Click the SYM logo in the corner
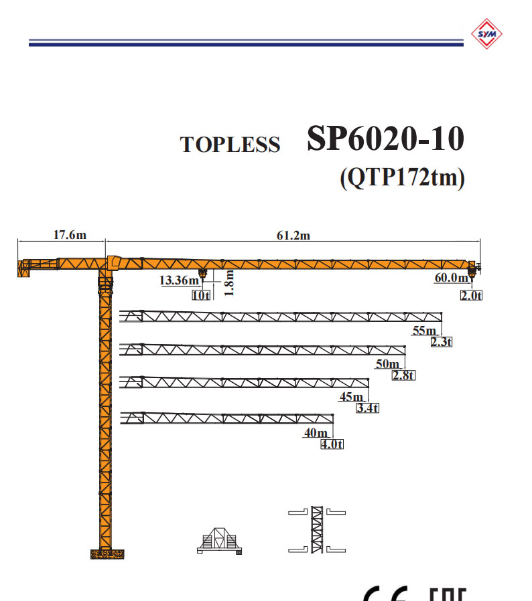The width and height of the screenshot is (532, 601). [x=486, y=33]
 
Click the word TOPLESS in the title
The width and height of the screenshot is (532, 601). [x=230, y=145]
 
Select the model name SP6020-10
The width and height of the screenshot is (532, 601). [x=385, y=138]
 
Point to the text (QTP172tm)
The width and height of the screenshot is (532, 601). [x=402, y=177]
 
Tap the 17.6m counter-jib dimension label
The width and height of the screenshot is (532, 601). [x=70, y=234]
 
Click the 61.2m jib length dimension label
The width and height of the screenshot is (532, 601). [x=293, y=236]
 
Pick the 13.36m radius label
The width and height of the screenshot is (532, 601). [x=180, y=280]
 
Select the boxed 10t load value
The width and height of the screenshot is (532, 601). [x=201, y=295]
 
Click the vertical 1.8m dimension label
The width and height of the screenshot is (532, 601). [x=228, y=283]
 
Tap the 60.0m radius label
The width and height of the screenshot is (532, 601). [x=452, y=278]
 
